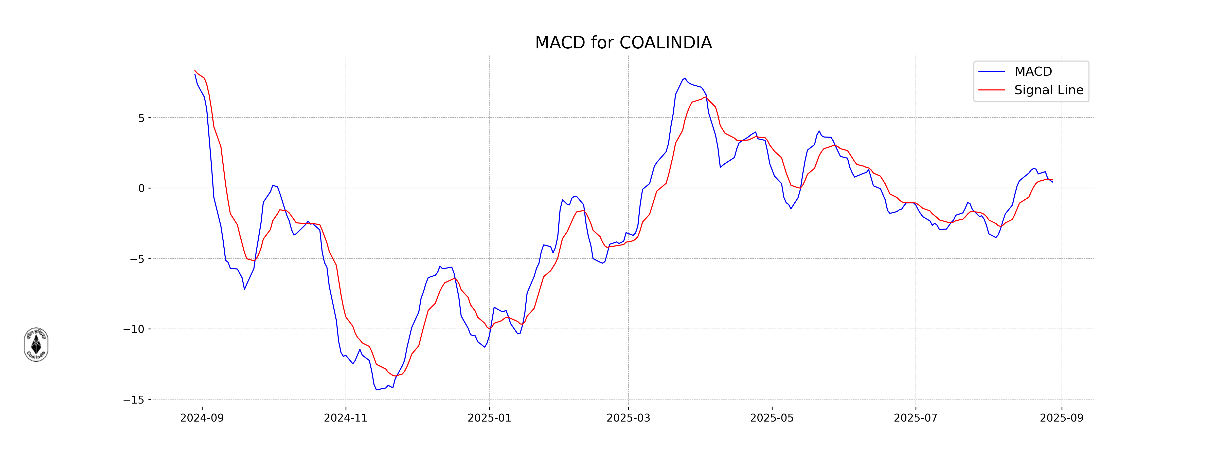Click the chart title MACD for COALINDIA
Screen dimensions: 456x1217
click(623, 43)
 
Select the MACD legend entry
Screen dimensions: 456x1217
click(1033, 72)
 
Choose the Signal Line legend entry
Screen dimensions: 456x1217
click(1048, 90)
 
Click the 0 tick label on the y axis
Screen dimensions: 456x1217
click(141, 188)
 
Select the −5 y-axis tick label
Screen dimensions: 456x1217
click(137, 259)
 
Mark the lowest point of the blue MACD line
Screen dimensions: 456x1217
click(377, 389)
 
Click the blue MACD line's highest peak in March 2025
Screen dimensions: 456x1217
click(685, 78)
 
